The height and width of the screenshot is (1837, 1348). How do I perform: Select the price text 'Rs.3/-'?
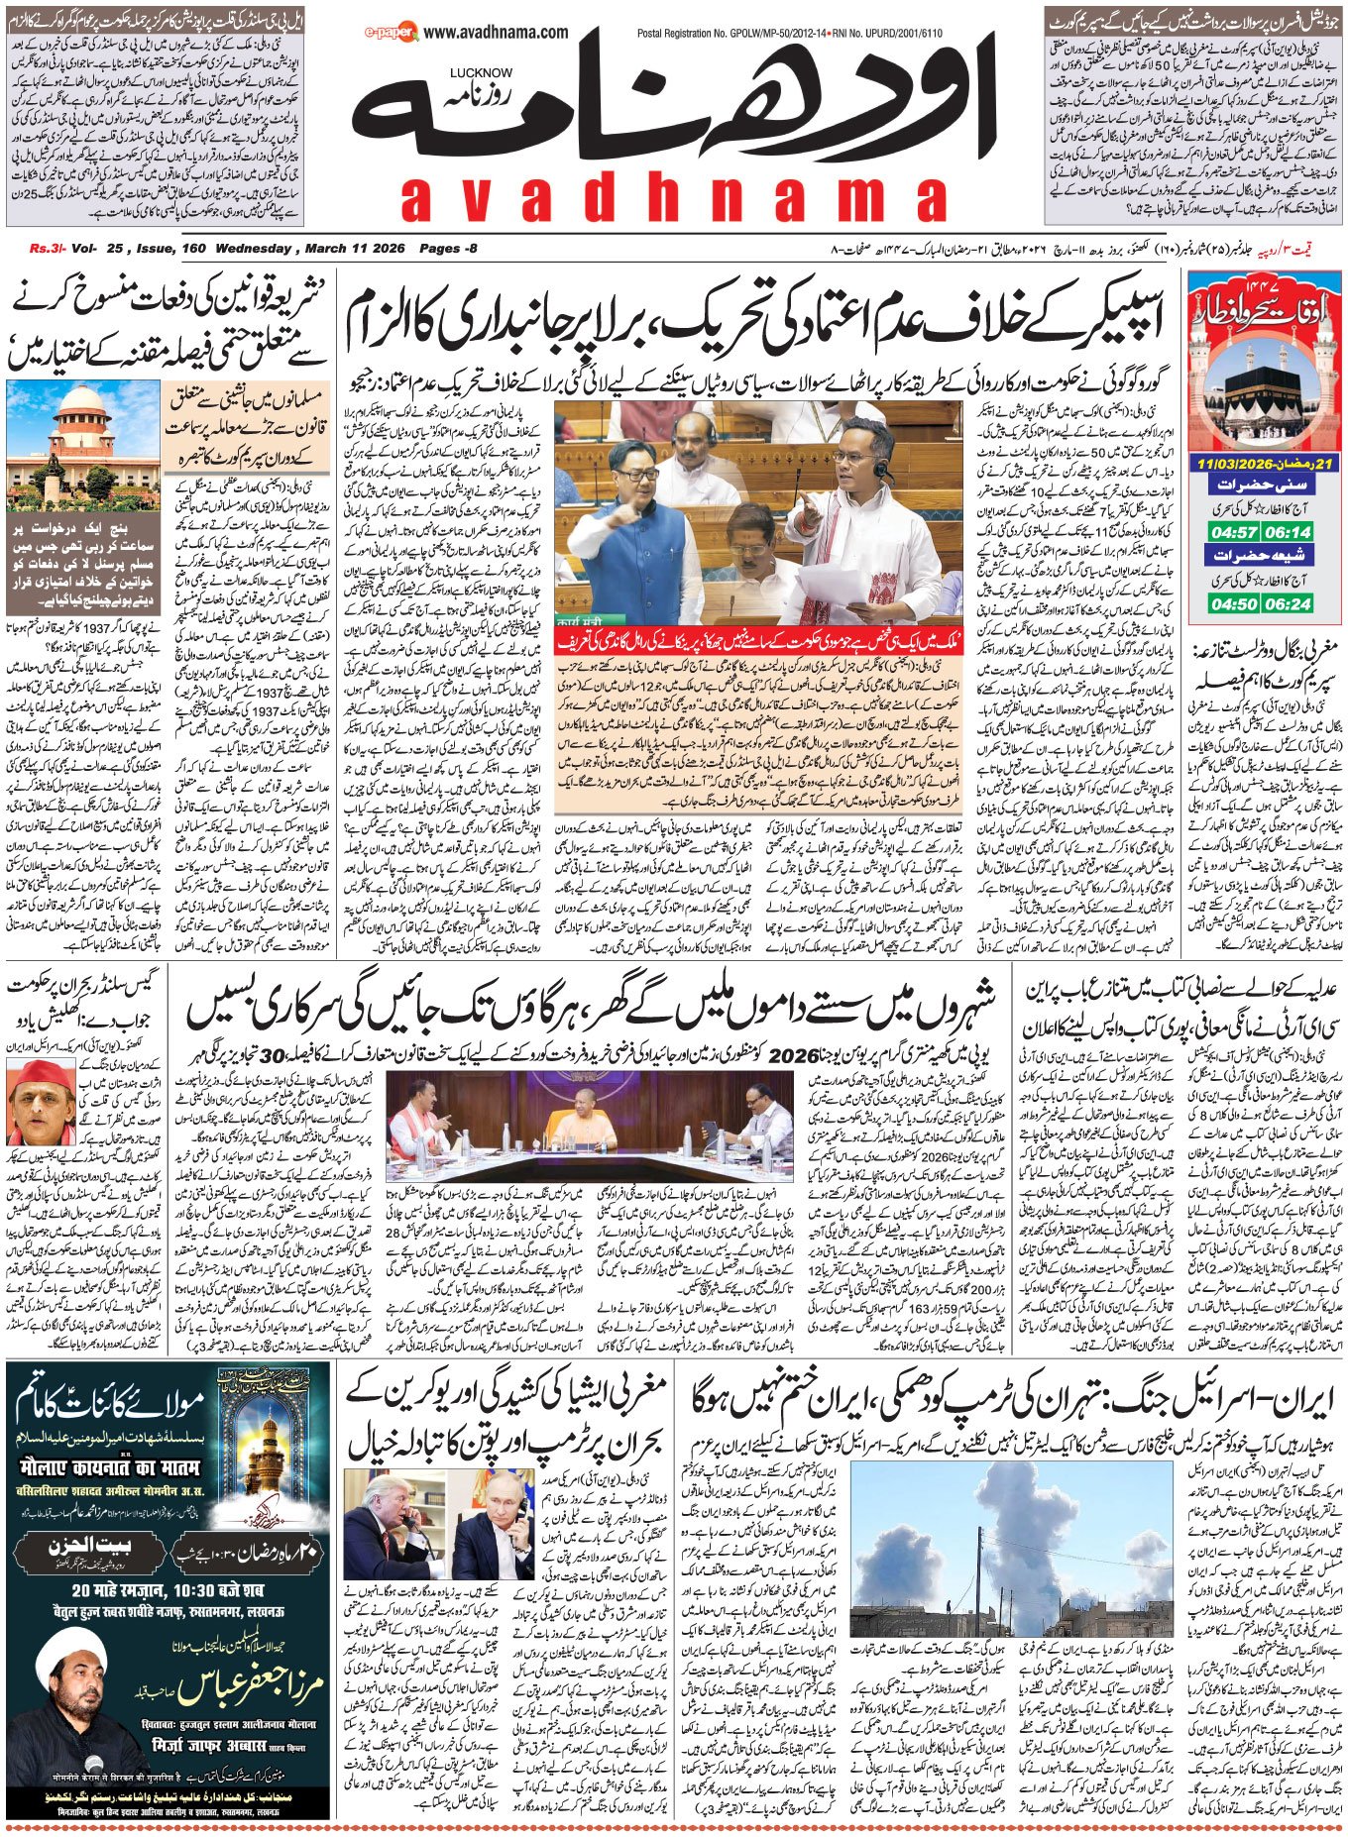point(46,249)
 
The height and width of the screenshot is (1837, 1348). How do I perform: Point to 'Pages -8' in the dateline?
point(448,249)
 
